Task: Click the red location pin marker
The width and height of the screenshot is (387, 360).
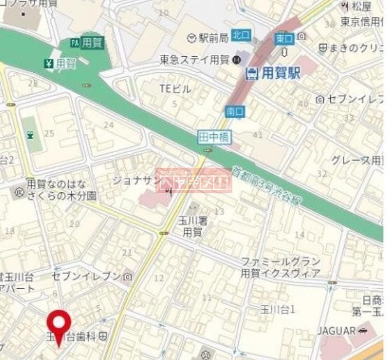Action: (x=59, y=326)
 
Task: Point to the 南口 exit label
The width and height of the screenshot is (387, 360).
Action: (x=235, y=111)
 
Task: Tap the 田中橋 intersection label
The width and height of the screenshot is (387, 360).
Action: (x=214, y=138)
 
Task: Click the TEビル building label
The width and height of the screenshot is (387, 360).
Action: (x=175, y=89)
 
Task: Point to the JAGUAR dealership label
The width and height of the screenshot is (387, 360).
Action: (x=337, y=330)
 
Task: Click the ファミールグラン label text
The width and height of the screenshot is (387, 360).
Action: (x=280, y=262)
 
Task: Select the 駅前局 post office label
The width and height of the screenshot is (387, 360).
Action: (x=210, y=38)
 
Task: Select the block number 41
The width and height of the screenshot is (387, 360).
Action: (x=257, y=135)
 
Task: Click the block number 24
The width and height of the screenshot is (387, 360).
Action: (x=108, y=125)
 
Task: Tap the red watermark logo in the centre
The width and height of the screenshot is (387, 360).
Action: (x=193, y=180)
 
